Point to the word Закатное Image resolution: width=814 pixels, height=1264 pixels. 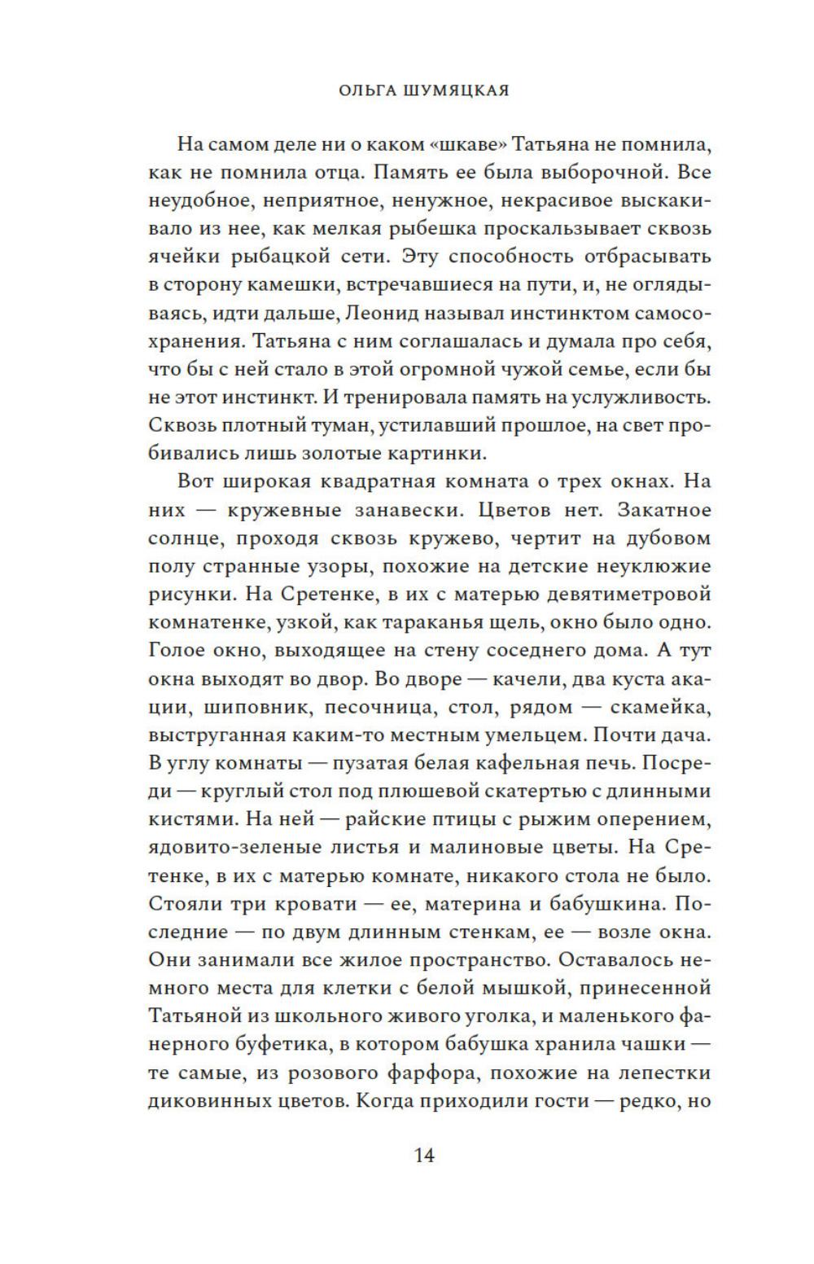(665, 510)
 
